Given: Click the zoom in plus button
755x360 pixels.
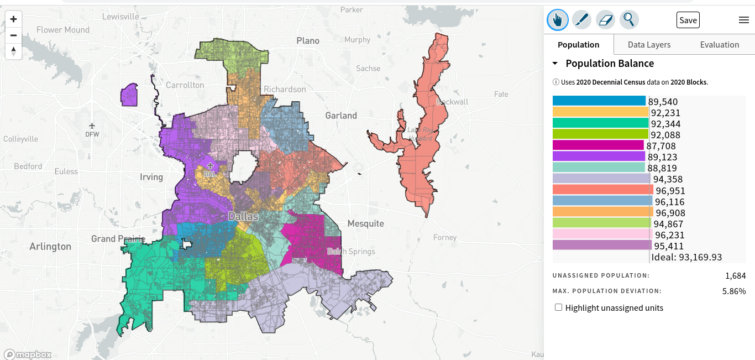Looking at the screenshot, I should [14, 19].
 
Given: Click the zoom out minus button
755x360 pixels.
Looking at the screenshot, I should [14, 35].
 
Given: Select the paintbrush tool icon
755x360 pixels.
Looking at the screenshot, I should [581, 20].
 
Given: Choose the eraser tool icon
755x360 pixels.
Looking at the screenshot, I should [606, 20].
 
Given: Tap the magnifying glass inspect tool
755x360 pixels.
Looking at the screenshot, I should [629, 20].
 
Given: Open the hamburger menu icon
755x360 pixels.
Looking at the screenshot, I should [743, 20].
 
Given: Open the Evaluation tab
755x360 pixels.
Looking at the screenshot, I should [719, 45].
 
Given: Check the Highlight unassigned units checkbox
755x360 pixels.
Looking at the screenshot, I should [558, 307].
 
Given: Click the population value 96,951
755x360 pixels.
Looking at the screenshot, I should [670, 191].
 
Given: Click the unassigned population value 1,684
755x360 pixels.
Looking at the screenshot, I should [735, 275].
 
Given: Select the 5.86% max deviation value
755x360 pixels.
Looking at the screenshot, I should [734, 291].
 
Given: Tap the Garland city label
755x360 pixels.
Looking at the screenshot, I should [341, 116].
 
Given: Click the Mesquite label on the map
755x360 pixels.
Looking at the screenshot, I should [365, 223].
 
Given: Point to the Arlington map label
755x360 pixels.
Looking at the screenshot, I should [50, 247].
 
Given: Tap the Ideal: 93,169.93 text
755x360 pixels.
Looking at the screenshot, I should [686, 257].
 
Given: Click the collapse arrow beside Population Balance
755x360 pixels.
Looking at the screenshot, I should [555, 64].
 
